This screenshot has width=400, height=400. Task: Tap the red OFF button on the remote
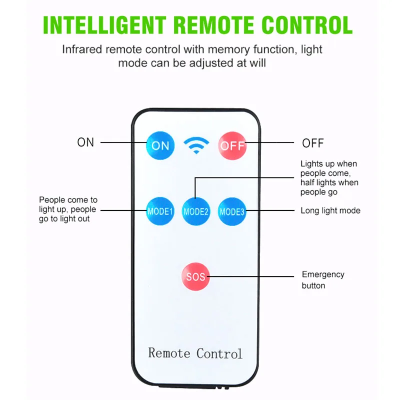click(x=232, y=145)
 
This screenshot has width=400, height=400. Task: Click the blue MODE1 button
click(x=160, y=211)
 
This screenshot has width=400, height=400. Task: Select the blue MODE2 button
click(x=195, y=211)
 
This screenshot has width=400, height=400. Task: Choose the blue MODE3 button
click(x=232, y=211)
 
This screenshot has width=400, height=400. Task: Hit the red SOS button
click(x=195, y=275)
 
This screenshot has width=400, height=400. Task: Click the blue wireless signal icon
click(x=196, y=145)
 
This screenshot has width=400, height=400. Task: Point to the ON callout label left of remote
click(x=85, y=142)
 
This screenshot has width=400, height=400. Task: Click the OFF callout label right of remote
click(x=313, y=143)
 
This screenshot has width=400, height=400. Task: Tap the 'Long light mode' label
click(x=330, y=210)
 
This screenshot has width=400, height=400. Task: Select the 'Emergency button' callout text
click(x=322, y=280)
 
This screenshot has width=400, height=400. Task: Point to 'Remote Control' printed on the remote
click(x=195, y=353)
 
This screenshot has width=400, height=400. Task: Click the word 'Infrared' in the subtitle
click(x=82, y=49)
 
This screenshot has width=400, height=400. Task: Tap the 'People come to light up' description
click(x=68, y=209)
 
